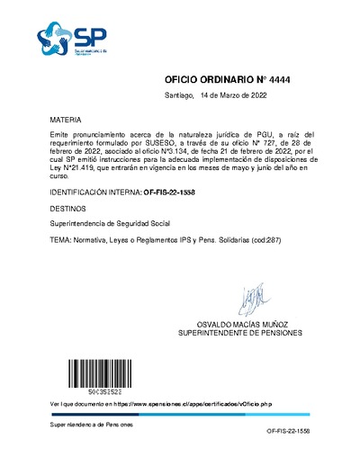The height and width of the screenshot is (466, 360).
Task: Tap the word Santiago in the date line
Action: tap(179, 94)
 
